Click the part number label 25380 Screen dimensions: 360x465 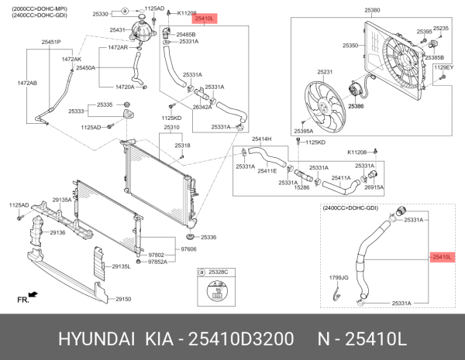tap(373, 10)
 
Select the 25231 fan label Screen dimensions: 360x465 tap(324, 72)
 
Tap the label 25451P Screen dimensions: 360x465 tap(52, 41)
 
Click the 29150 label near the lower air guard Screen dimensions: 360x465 tap(124, 299)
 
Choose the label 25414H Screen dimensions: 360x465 tap(262, 139)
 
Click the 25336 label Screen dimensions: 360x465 tap(208, 237)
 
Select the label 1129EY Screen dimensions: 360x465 tap(443, 67)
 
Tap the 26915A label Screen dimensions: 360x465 tap(374, 187)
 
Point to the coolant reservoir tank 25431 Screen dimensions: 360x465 tap(143, 31)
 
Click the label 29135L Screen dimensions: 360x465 tap(120, 266)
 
